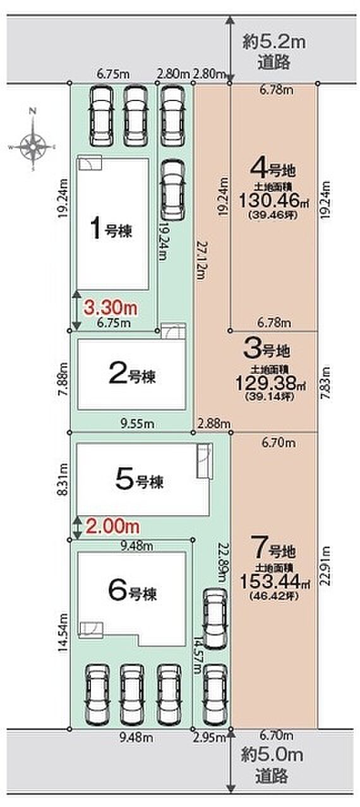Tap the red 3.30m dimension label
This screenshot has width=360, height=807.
(111, 308)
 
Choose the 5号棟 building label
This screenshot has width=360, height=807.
(140, 482)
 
